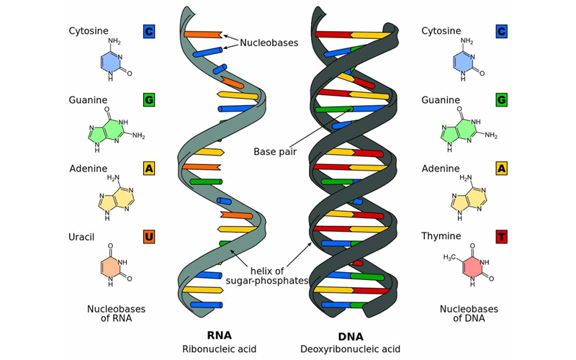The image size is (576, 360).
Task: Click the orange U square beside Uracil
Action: [149, 237]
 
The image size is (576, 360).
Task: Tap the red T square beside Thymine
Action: [501, 237]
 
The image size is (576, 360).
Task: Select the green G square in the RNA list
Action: [149, 99]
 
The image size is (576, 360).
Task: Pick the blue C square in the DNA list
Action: [501, 31]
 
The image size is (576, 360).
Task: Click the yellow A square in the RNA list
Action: [149, 168]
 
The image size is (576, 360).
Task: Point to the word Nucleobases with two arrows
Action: [269, 42]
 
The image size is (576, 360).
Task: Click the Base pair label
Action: [275, 151]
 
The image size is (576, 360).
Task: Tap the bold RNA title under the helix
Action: [220, 336]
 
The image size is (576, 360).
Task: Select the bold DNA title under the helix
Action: [351, 336]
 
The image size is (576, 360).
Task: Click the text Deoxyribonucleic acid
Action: [350, 349]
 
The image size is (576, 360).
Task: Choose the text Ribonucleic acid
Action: [220, 349]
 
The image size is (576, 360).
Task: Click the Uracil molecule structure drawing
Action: [114, 265]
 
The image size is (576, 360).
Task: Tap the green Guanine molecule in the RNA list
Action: [114, 130]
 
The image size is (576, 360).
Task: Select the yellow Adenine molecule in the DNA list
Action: [469, 197]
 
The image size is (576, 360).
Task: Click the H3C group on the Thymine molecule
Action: [450, 258]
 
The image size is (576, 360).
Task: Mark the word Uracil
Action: [81, 237]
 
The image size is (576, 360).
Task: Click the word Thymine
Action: [441, 236]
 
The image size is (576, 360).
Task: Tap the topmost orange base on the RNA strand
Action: [203, 35]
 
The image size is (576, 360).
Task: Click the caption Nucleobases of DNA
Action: [469, 313]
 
